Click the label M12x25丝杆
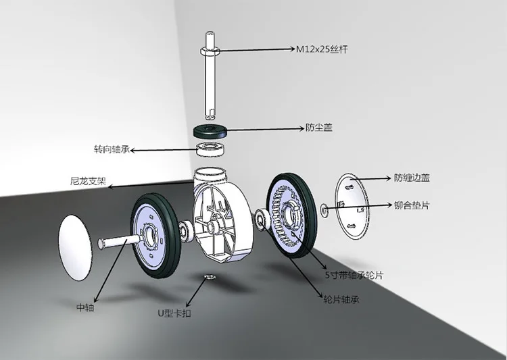point(322,49)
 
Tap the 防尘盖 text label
point(319,128)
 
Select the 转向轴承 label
point(112,149)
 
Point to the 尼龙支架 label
point(89,180)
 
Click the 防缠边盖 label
point(412,178)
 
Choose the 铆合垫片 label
point(412,205)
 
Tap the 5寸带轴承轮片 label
point(354,276)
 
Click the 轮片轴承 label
point(341,300)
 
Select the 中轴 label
point(85,307)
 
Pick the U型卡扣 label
point(174,313)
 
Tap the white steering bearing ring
point(212,150)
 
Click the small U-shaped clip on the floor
point(210,277)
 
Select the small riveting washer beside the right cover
point(324,210)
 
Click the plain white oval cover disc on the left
point(75,247)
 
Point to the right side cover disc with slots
point(352,207)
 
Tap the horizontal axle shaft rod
point(119,241)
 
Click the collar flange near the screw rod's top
point(210,51)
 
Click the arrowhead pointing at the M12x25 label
point(292,49)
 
